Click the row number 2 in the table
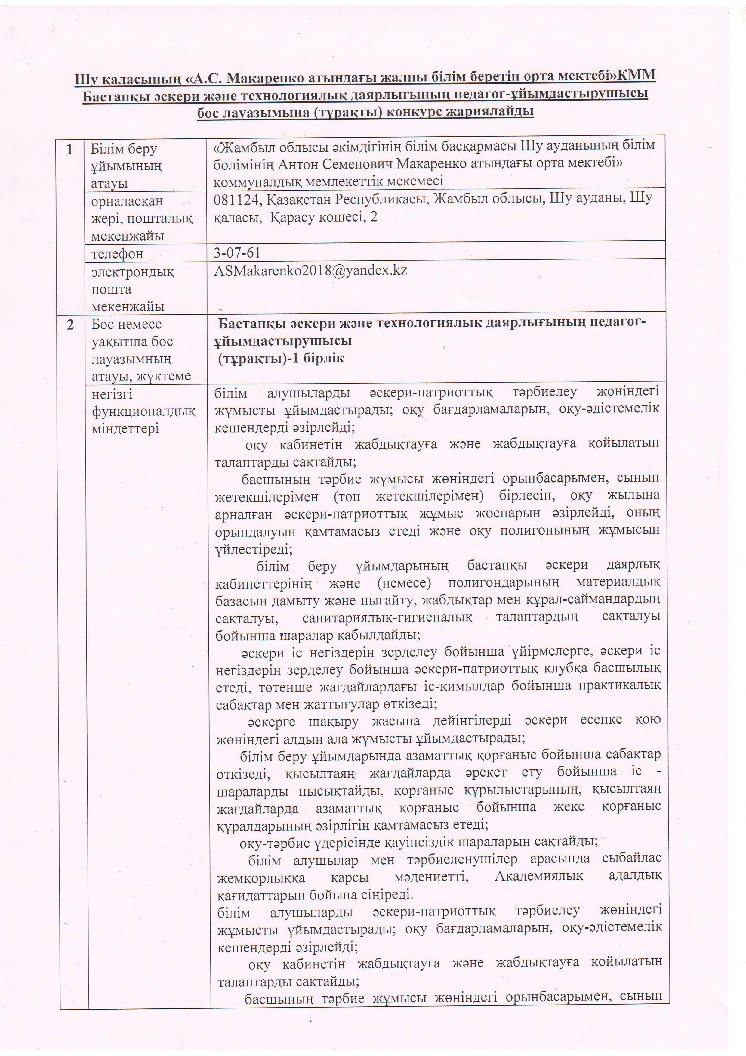(x=70, y=324)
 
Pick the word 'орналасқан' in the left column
(x=127, y=201)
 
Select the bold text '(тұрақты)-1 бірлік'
(x=281, y=358)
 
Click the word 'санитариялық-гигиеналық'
(x=387, y=617)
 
